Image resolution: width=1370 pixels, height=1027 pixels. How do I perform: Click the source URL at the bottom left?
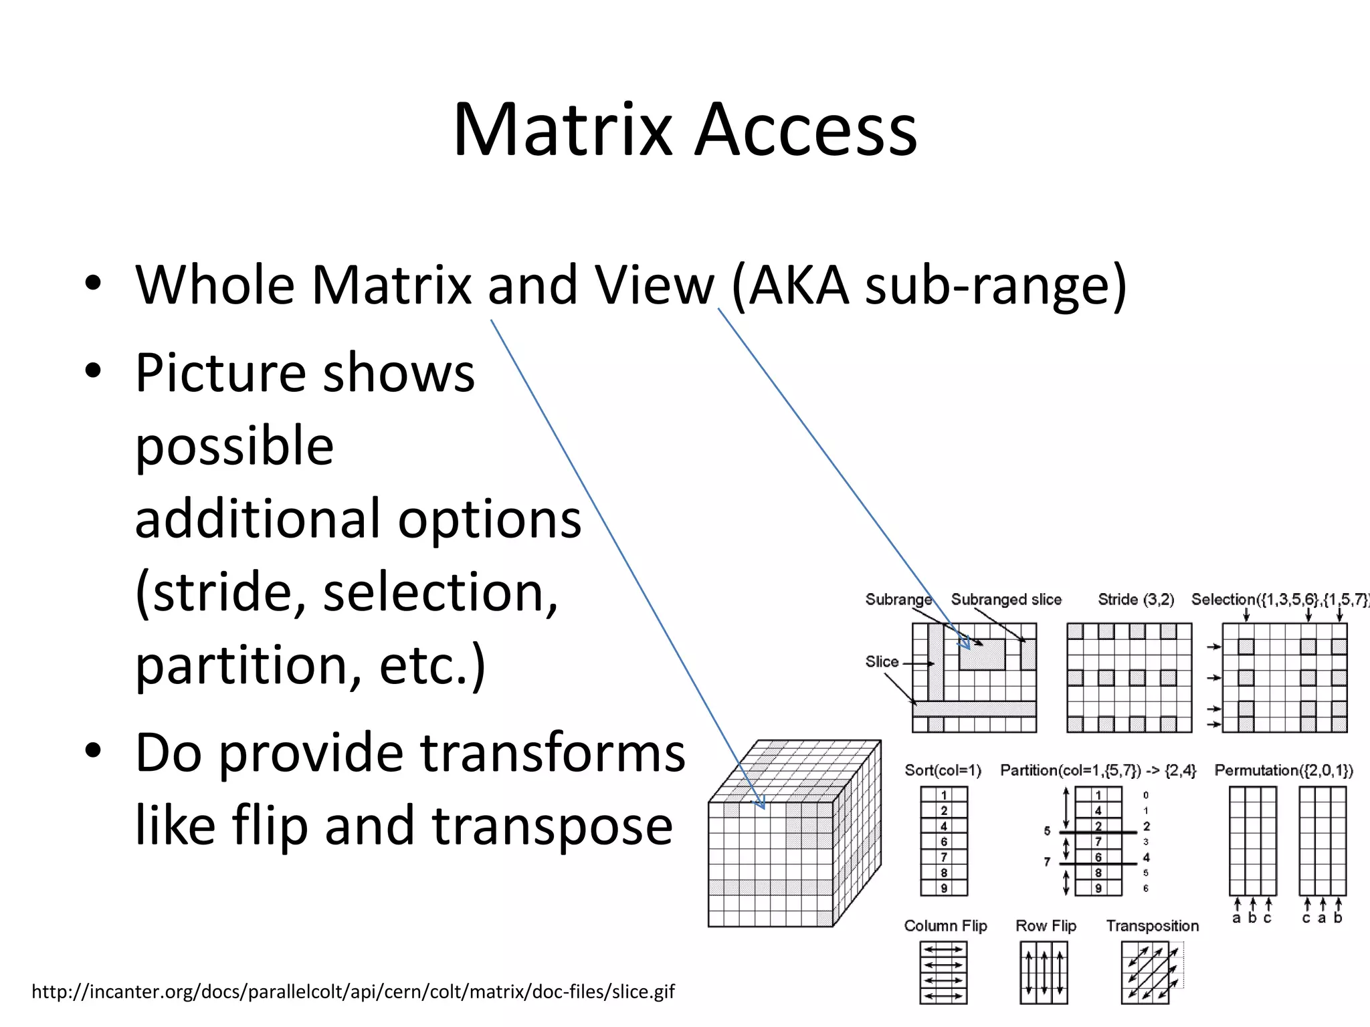(353, 991)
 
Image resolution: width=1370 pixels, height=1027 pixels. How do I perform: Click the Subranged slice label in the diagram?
(1006, 599)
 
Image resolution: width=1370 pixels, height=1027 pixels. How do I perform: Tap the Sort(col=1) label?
(943, 770)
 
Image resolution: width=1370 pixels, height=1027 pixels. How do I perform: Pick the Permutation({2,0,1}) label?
(1284, 770)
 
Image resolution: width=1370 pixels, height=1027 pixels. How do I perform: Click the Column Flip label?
(945, 926)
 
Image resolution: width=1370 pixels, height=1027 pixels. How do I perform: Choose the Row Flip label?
(1046, 926)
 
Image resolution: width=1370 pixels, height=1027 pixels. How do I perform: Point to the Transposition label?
(1152, 926)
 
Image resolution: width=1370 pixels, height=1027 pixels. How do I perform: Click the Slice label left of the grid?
(882, 662)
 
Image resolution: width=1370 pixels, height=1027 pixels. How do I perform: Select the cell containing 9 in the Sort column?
(944, 889)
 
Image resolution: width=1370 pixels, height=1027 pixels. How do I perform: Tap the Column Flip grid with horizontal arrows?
(943, 972)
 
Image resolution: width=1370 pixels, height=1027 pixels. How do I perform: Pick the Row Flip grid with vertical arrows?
(1044, 972)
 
